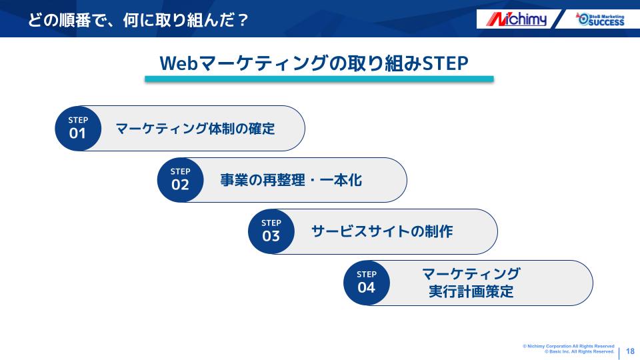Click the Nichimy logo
(x=516, y=19)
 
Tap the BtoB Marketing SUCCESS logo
(x=600, y=19)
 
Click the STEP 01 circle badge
(x=78, y=129)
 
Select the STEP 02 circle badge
(x=181, y=180)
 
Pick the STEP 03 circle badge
(x=271, y=231)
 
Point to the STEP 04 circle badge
(x=367, y=283)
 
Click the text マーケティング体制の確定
(x=195, y=129)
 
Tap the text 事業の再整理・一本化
(x=291, y=180)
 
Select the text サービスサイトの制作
(x=382, y=231)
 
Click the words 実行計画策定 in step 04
(x=471, y=291)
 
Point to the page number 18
(x=630, y=351)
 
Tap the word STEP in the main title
(x=445, y=63)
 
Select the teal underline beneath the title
(x=319, y=79)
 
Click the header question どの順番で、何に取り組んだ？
(x=138, y=20)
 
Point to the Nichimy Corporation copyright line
(x=569, y=346)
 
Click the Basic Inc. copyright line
(x=579, y=351)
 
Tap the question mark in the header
(x=242, y=20)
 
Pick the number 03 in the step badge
(x=271, y=236)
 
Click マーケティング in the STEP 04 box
(x=471, y=273)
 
